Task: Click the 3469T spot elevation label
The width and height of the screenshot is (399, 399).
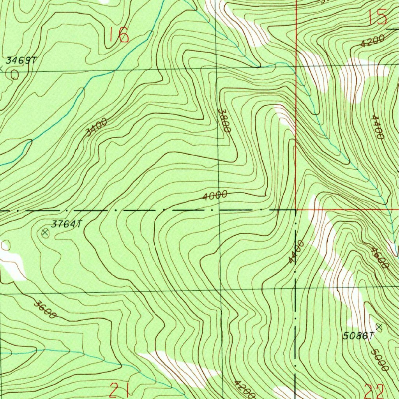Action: click(21, 60)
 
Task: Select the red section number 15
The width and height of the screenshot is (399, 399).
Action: click(377, 18)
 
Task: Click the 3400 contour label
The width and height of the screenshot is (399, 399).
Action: click(96, 127)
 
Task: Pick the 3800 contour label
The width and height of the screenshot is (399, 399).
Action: click(224, 120)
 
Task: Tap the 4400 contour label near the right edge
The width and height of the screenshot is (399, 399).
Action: click(378, 127)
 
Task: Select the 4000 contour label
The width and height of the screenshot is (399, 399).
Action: click(215, 196)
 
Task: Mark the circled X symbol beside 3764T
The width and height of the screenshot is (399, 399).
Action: click(45, 233)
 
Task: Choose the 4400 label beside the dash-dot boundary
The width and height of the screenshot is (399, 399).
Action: click(296, 252)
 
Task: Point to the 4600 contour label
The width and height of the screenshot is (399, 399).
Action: click(380, 258)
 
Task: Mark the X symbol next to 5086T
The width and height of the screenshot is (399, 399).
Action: click(379, 327)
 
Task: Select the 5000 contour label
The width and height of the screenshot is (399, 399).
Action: click(380, 360)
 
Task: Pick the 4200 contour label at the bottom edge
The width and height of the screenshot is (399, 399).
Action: click(245, 388)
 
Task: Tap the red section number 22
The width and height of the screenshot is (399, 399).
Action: click(375, 391)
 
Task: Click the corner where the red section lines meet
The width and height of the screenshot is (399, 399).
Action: click(296, 209)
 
